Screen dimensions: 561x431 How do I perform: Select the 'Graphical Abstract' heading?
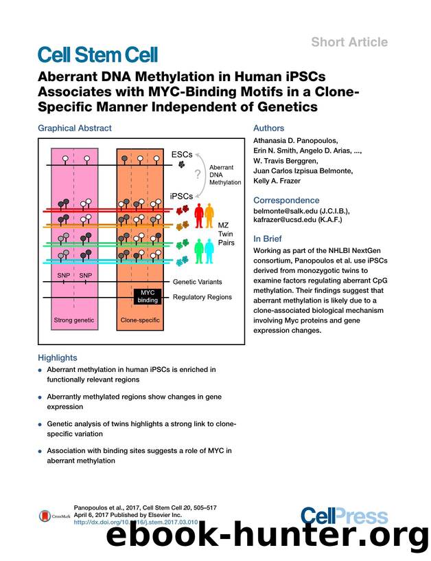coord(74,128)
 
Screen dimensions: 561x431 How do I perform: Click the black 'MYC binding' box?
coord(146,296)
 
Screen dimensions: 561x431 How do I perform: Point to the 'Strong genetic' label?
coord(74,320)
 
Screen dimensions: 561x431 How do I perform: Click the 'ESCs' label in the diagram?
coord(182,155)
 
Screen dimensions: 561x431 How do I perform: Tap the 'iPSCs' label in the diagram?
coord(181,195)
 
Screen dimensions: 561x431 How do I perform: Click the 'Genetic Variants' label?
coord(198,283)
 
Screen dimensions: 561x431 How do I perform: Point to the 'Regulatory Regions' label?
coord(202,297)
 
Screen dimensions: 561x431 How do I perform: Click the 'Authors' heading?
coord(269,128)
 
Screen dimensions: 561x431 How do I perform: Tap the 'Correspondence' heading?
coord(286,200)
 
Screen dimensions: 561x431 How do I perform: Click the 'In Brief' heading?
coord(270,238)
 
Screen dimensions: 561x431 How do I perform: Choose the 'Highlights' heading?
coord(58,357)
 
